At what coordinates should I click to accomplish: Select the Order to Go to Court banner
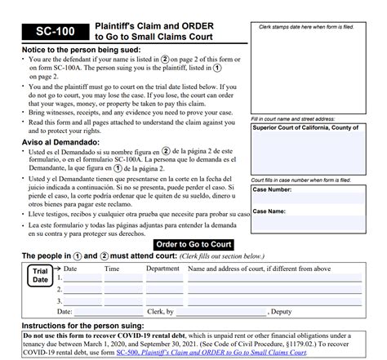193,245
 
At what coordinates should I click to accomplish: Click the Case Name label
269,211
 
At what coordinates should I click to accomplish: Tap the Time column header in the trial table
112,269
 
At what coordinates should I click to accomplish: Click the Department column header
162,269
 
